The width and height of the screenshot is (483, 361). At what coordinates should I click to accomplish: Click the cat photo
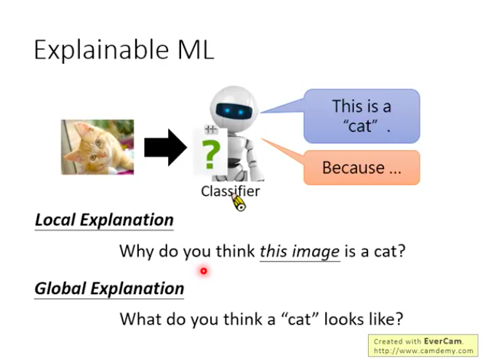pos(97,147)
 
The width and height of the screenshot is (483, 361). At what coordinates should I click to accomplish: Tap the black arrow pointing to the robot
pos(165,148)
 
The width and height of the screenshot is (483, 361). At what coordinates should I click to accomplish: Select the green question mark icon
pos(209,153)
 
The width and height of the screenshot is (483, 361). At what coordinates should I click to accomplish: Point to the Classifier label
pos(230,191)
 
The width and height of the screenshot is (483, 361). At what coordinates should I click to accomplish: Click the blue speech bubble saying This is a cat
pos(362,116)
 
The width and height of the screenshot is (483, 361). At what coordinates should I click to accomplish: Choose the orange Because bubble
pos(362,168)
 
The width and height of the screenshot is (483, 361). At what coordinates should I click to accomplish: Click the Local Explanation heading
pos(104,220)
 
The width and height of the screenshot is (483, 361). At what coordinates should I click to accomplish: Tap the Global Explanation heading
pos(109,288)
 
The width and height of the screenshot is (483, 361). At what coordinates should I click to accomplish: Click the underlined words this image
pos(300,252)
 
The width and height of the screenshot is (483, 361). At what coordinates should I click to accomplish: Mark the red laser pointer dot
pos(204,271)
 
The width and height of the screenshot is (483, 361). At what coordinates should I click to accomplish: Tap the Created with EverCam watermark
pos(423,341)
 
